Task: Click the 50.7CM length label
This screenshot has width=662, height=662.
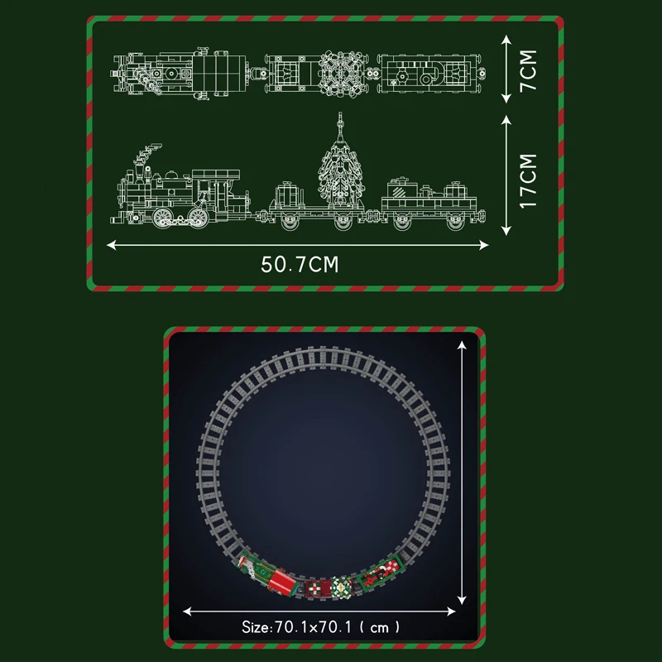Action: (300, 264)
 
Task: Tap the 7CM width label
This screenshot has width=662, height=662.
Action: (528, 70)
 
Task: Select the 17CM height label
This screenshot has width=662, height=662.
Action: (528, 180)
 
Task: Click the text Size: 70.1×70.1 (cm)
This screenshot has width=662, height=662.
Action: (320, 627)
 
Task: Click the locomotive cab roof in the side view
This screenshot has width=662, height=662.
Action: (216, 174)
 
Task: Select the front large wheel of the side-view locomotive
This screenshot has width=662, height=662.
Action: (162, 218)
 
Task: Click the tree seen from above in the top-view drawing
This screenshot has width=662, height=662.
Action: (342, 73)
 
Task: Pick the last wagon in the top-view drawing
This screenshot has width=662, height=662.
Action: (430, 74)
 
